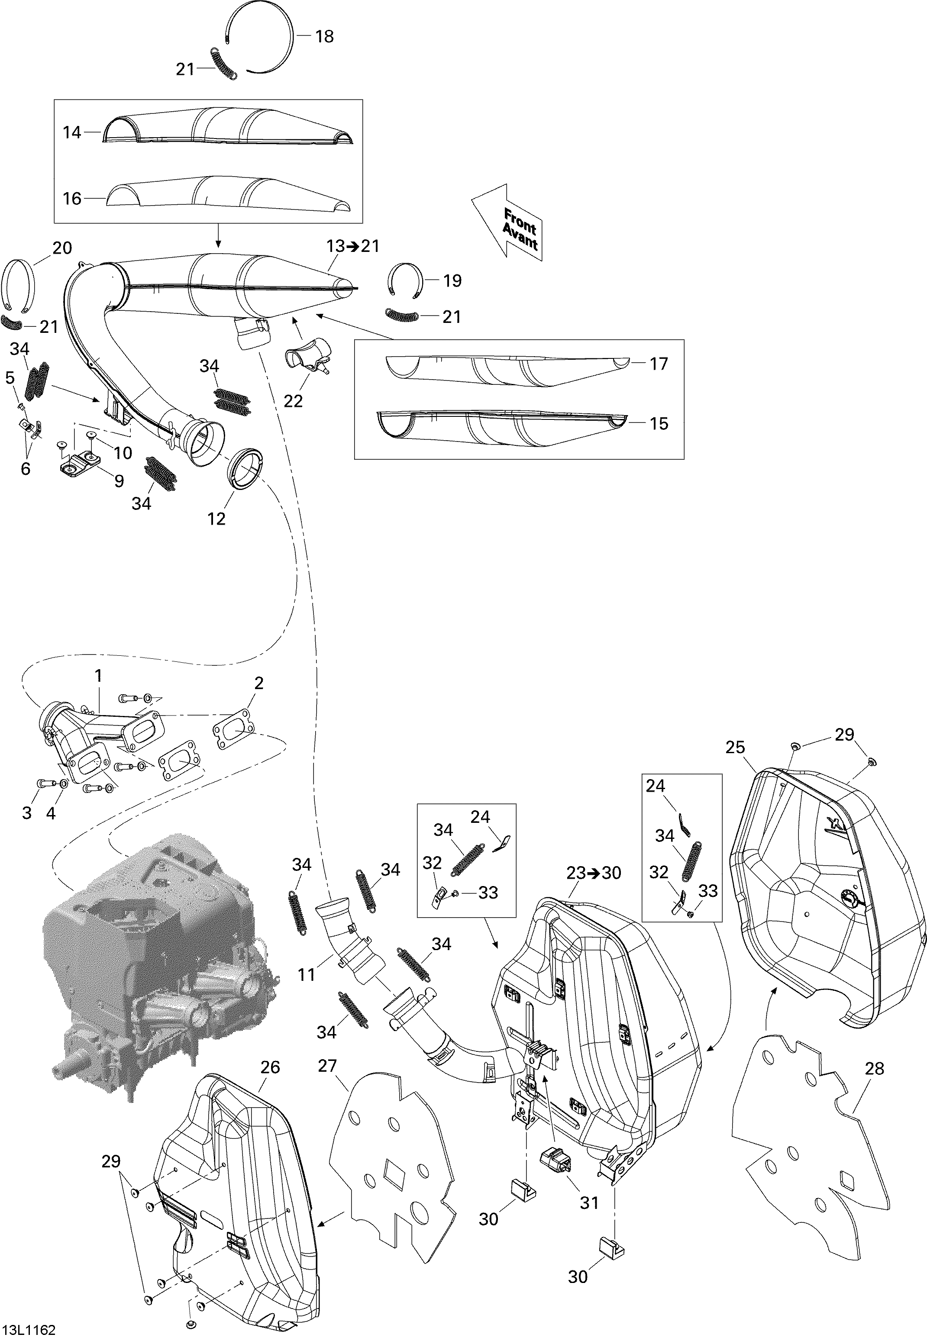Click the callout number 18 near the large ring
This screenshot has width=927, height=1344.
(x=324, y=36)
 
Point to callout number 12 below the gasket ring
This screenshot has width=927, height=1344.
(x=216, y=519)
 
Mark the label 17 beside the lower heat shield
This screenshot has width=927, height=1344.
(x=659, y=364)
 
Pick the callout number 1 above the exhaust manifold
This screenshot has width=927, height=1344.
(x=99, y=675)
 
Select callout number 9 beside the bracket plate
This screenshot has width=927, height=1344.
(x=119, y=481)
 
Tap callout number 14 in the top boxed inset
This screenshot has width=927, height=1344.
(x=72, y=133)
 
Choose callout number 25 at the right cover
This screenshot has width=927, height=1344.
(x=735, y=747)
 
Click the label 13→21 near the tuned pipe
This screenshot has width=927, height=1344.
(x=352, y=246)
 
